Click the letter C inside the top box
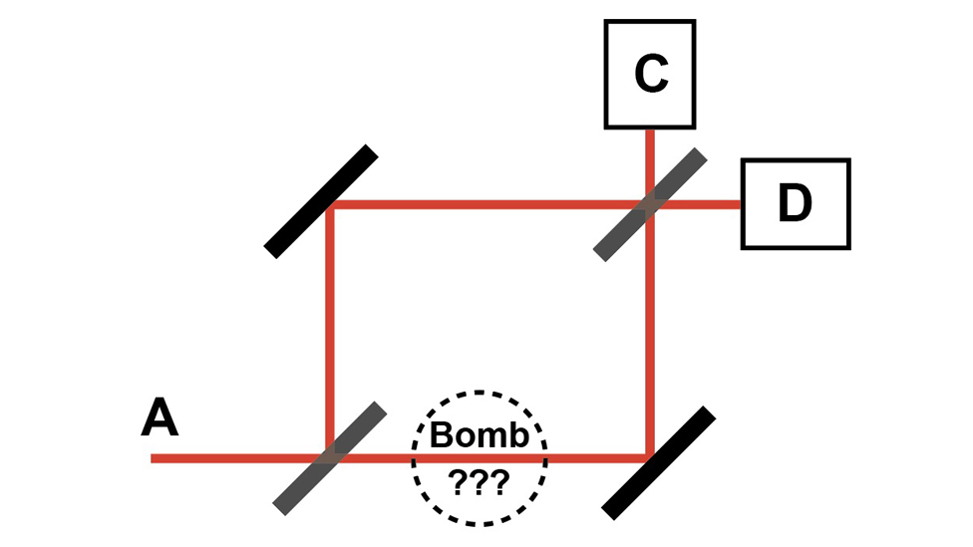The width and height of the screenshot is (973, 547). [x=651, y=74]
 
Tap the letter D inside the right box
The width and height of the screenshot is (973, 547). [x=795, y=203]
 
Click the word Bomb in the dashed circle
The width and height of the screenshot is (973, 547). [x=480, y=434]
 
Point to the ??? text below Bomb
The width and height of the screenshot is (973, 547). [x=480, y=481]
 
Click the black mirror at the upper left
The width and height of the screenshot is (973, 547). [x=321, y=201]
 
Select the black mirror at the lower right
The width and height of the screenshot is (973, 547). [x=658, y=462]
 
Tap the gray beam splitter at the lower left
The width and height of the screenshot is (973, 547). [x=330, y=458]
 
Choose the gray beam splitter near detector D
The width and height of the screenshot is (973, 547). [x=650, y=204]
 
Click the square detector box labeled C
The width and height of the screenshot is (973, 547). [x=650, y=21]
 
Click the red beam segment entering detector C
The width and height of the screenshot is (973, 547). [x=650, y=165]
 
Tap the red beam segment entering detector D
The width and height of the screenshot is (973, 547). [x=695, y=204]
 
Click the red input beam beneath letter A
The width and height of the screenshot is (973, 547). [x=240, y=458]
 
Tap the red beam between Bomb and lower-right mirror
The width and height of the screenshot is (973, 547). [x=597, y=458]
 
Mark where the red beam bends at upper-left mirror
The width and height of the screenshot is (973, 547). [x=330, y=204]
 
